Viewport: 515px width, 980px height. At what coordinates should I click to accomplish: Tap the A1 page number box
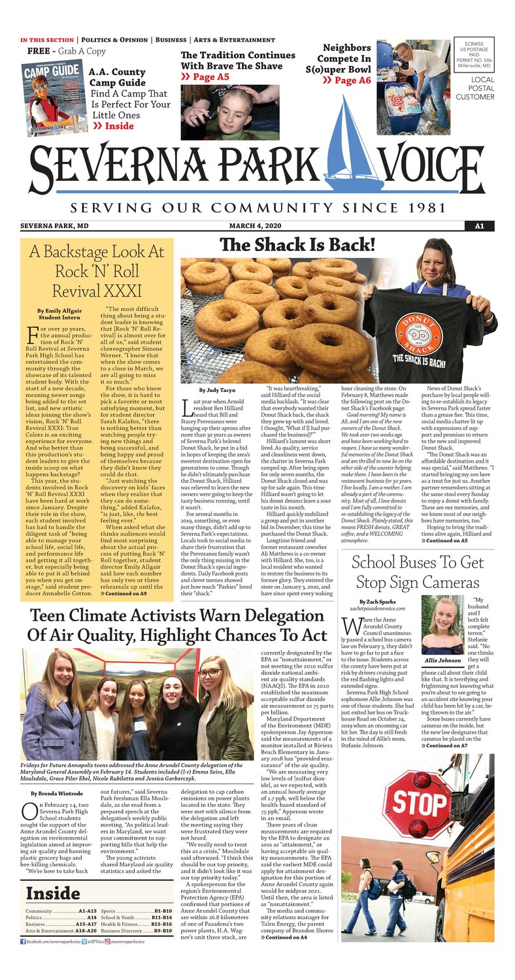(x=478, y=226)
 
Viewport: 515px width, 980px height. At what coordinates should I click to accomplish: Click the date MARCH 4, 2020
(x=257, y=226)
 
